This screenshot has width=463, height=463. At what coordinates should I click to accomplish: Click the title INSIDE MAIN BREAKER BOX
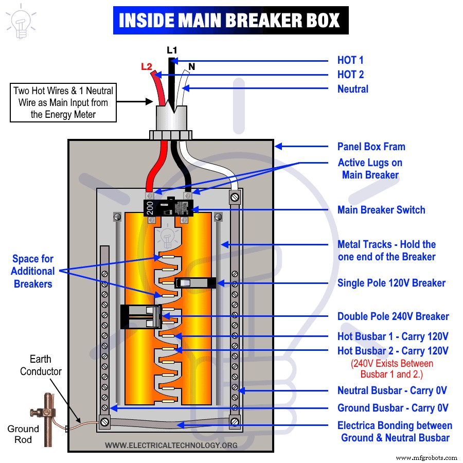[230, 20]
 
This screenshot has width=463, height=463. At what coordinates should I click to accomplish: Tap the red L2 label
[147, 67]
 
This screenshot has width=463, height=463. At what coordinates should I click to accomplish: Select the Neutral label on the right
[353, 89]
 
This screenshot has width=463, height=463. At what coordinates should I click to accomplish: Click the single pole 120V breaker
[190, 282]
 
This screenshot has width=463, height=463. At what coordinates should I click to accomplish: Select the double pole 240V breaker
[140, 316]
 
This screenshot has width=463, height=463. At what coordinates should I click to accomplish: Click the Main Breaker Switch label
[381, 210]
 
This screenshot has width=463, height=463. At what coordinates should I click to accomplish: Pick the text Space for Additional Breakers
[33, 271]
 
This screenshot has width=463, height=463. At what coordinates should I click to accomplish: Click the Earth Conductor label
[41, 365]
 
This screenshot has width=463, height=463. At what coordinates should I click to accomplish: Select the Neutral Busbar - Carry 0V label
[392, 390]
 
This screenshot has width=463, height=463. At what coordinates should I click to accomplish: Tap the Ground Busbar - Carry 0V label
[393, 408]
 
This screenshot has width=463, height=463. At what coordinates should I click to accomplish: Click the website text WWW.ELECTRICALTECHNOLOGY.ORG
[171, 445]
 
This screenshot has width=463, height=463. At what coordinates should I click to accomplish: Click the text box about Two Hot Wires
[63, 103]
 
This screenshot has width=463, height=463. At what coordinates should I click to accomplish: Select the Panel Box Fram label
[371, 147]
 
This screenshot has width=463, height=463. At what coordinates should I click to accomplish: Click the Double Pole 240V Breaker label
[393, 316]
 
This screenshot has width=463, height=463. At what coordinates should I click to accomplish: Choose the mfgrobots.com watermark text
[427, 457]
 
